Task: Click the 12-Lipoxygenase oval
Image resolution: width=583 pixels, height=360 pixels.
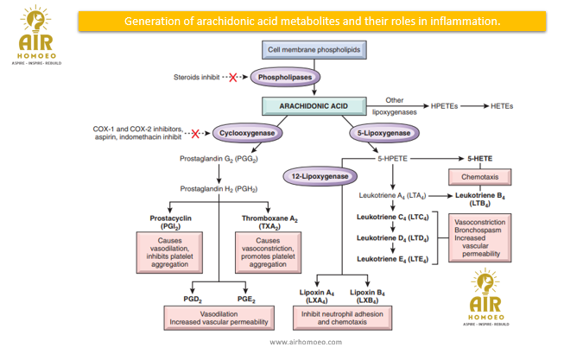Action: click(x=320, y=176)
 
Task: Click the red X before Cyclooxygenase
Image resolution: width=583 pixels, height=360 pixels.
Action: click(x=196, y=134)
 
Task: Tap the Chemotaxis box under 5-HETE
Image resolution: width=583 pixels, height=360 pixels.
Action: click(x=479, y=177)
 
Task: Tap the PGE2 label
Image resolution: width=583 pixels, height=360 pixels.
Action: click(x=245, y=298)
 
